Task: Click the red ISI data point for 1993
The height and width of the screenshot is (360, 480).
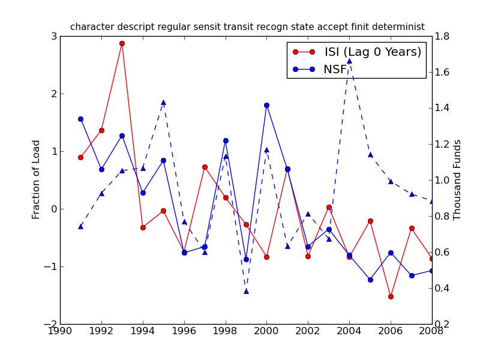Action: [122, 43]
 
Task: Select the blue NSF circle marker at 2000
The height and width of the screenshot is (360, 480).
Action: [266, 105]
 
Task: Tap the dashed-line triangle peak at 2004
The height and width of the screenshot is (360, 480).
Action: [349, 61]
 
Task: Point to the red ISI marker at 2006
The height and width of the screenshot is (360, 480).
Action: [391, 296]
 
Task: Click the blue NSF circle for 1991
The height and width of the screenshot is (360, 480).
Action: [80, 119]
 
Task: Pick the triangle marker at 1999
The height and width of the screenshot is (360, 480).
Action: [246, 291]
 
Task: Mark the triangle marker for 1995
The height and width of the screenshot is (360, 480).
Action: [163, 102]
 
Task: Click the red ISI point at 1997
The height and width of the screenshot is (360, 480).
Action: [205, 167]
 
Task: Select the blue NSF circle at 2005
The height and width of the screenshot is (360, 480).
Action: [370, 280]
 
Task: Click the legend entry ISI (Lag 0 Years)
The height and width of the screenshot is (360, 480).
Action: [373, 52]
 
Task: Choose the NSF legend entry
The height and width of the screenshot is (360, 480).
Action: [335, 70]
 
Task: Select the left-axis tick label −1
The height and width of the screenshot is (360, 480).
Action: [51, 267]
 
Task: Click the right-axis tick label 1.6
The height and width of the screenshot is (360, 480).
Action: [444, 73]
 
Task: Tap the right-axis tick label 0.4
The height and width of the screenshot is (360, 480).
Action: [444, 289]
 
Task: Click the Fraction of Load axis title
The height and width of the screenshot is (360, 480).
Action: [37, 179]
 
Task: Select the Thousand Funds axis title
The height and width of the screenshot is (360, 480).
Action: [458, 179]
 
